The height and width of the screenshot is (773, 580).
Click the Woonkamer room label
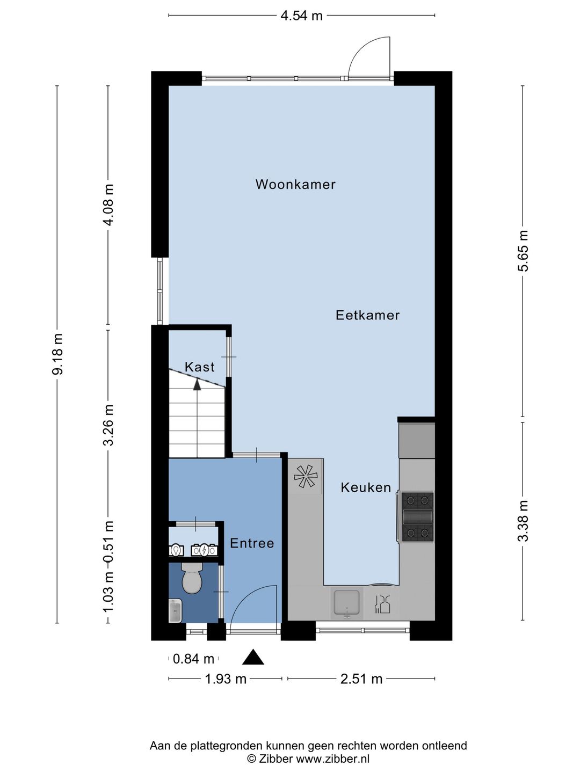(295, 185)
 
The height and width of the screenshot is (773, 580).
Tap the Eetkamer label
(367, 315)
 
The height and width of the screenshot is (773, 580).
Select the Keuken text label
(366, 487)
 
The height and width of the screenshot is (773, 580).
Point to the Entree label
(252, 543)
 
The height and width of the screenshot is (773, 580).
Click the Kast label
(199, 367)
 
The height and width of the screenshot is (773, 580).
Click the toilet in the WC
(192, 578)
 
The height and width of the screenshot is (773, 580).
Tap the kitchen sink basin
(347, 602)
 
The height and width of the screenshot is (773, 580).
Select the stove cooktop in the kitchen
(418, 517)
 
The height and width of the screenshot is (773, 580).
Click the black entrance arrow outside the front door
(253, 658)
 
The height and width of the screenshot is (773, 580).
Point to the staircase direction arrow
(197, 384)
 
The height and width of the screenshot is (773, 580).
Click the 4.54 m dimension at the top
(301, 16)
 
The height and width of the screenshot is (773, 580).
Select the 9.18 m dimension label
(57, 354)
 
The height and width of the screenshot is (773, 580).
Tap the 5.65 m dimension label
(523, 251)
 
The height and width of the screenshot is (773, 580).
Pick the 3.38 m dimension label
(523, 521)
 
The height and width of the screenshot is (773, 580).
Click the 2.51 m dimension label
(361, 679)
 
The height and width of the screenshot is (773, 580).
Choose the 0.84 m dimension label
(193, 659)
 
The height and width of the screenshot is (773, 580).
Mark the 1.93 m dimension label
(226, 679)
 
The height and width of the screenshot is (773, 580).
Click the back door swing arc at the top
(368, 56)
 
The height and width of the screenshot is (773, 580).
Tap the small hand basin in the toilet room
(176, 611)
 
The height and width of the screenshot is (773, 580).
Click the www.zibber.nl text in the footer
(332, 759)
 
